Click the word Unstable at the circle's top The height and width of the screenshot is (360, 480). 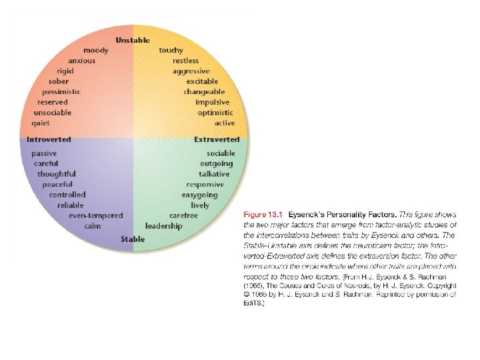tap(133, 40)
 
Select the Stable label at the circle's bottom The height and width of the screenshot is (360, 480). tap(133, 239)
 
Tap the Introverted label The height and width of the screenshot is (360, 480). tap(49, 140)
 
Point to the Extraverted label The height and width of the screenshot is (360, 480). tap(217, 140)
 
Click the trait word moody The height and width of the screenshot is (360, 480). tap(97, 51)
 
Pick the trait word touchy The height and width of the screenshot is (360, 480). tap(171, 51)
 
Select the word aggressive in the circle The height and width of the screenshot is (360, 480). tap(191, 71)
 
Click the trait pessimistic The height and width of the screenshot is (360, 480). tap(61, 92)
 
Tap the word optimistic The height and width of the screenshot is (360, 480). tap(215, 113)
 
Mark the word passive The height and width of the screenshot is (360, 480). tap(44, 153)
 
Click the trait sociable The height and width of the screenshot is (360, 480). tap(221, 153)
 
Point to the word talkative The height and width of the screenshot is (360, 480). tap(214, 174)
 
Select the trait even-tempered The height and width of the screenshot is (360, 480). tap(96, 215)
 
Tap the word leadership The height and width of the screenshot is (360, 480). tap(163, 226)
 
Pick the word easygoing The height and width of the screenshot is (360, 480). tap(200, 195)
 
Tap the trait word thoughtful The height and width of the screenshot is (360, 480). tap(57, 174)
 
